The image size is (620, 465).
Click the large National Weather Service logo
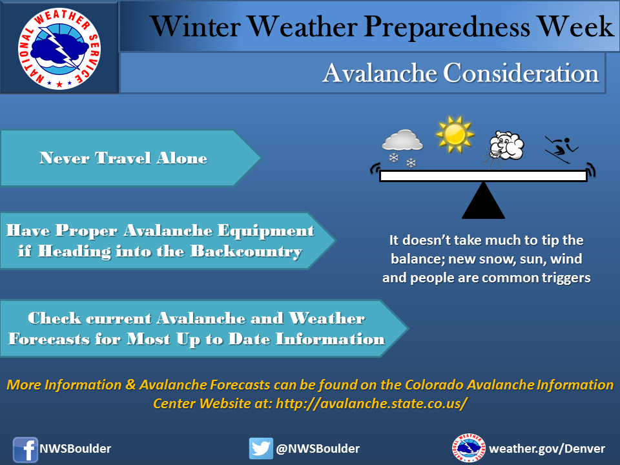tap(59, 48)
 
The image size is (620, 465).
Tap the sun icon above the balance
tap(455, 134)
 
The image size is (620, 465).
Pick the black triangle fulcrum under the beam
tap(483, 200)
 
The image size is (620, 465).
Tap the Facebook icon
tap(25, 449)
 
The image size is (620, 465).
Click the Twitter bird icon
tap(261, 448)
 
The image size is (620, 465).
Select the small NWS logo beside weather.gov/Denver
tap(469, 448)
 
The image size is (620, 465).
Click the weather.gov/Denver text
tap(547, 449)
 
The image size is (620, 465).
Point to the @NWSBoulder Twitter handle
tap(318, 449)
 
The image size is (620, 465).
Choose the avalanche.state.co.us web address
tap(372, 404)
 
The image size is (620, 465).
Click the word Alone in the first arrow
tap(182, 158)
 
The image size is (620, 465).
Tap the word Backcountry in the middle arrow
tap(246, 251)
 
